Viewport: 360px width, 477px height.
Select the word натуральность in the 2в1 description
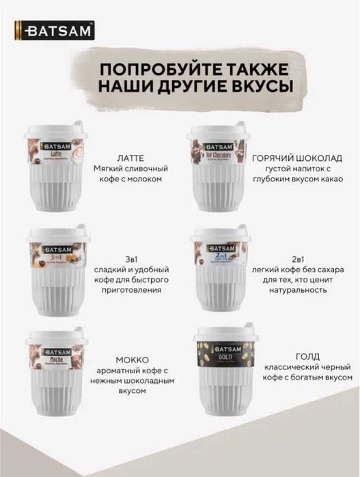[296, 290]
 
